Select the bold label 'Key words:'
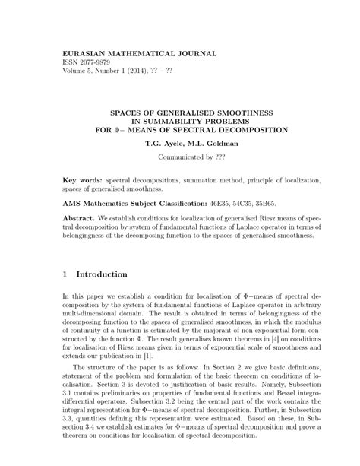click(x=83, y=181)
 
